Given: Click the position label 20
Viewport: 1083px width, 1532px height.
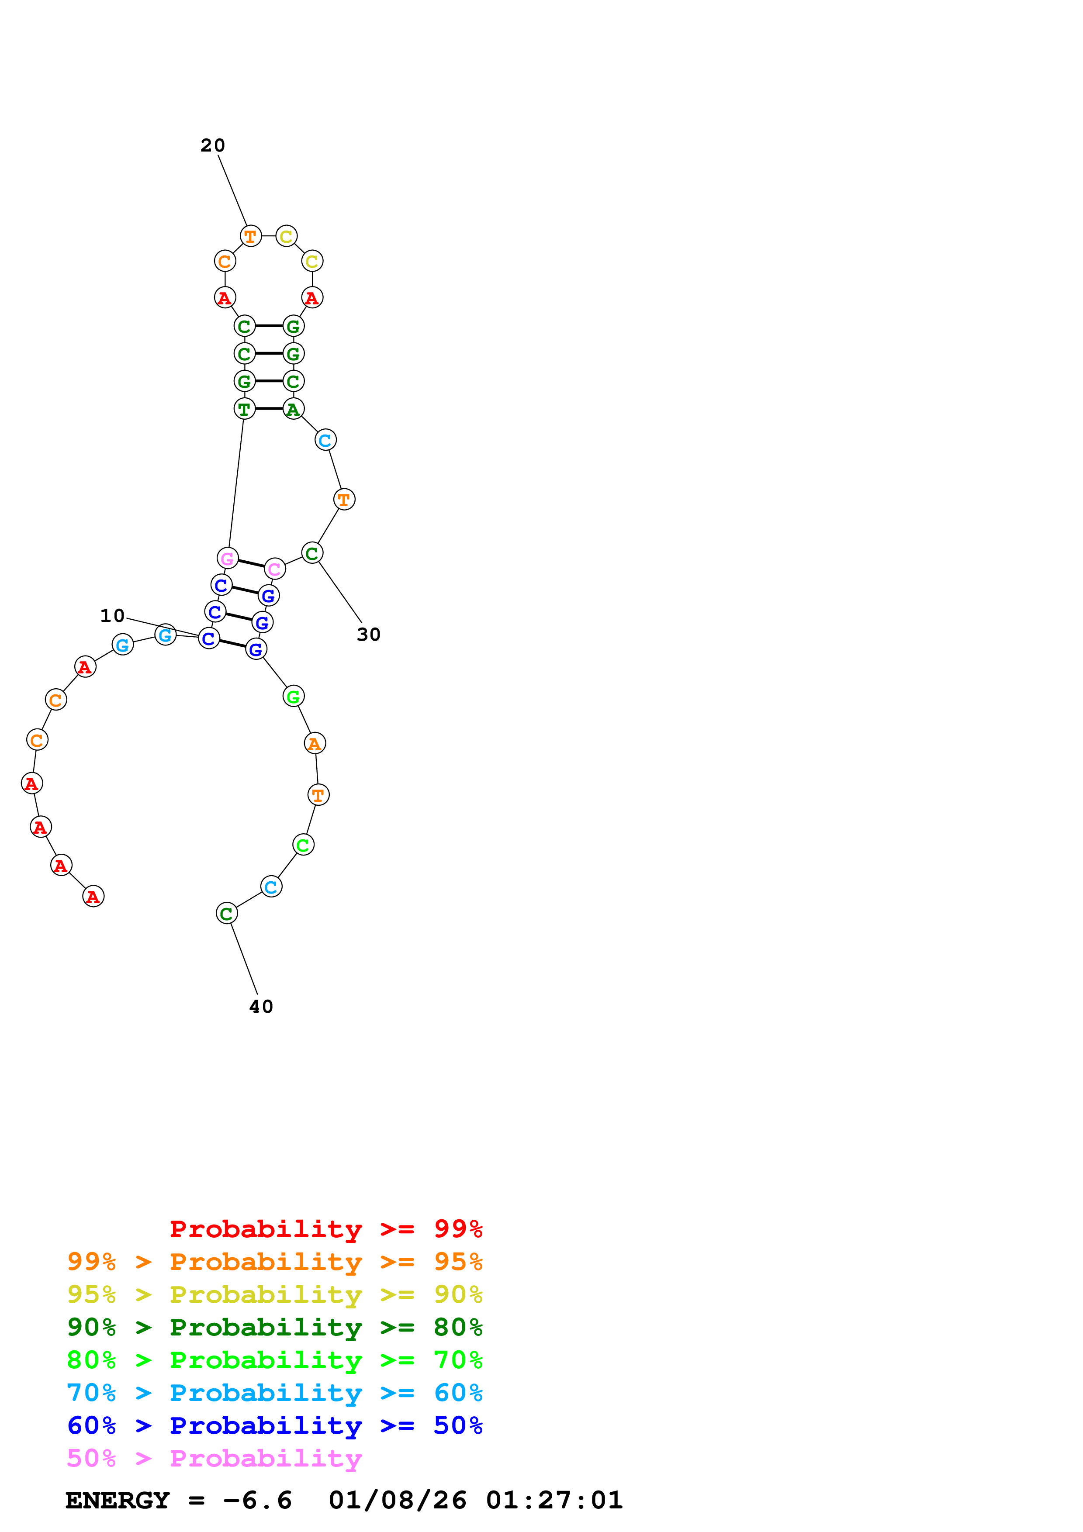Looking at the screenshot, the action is (213, 145).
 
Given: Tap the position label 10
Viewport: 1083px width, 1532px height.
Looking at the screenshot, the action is (112, 615).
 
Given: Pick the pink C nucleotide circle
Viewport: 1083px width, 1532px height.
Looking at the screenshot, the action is (274, 569).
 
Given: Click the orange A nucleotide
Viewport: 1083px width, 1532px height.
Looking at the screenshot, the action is (314, 743).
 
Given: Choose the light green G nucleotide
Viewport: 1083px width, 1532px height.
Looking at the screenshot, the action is (293, 697).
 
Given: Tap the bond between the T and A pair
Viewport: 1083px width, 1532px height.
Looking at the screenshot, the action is (269, 408).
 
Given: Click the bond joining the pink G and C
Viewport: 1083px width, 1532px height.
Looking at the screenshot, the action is (251, 564).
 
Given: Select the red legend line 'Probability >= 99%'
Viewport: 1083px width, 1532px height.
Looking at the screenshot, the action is (326, 1228).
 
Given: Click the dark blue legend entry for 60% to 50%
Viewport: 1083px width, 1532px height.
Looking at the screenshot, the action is (275, 1425).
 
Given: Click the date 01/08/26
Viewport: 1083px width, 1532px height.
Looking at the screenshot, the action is (398, 1500).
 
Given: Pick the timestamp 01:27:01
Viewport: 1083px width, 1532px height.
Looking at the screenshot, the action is (554, 1500).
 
